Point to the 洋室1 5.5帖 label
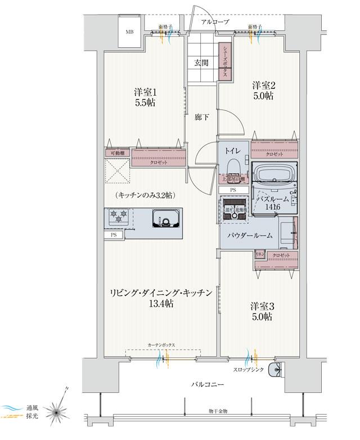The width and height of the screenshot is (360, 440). tap(145, 97)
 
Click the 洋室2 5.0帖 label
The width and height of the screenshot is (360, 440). tap(263, 91)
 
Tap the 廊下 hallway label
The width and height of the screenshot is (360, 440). tap(202, 117)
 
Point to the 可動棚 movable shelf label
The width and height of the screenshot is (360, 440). tap(117, 154)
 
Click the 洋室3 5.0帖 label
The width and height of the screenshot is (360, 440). tap(262, 312)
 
